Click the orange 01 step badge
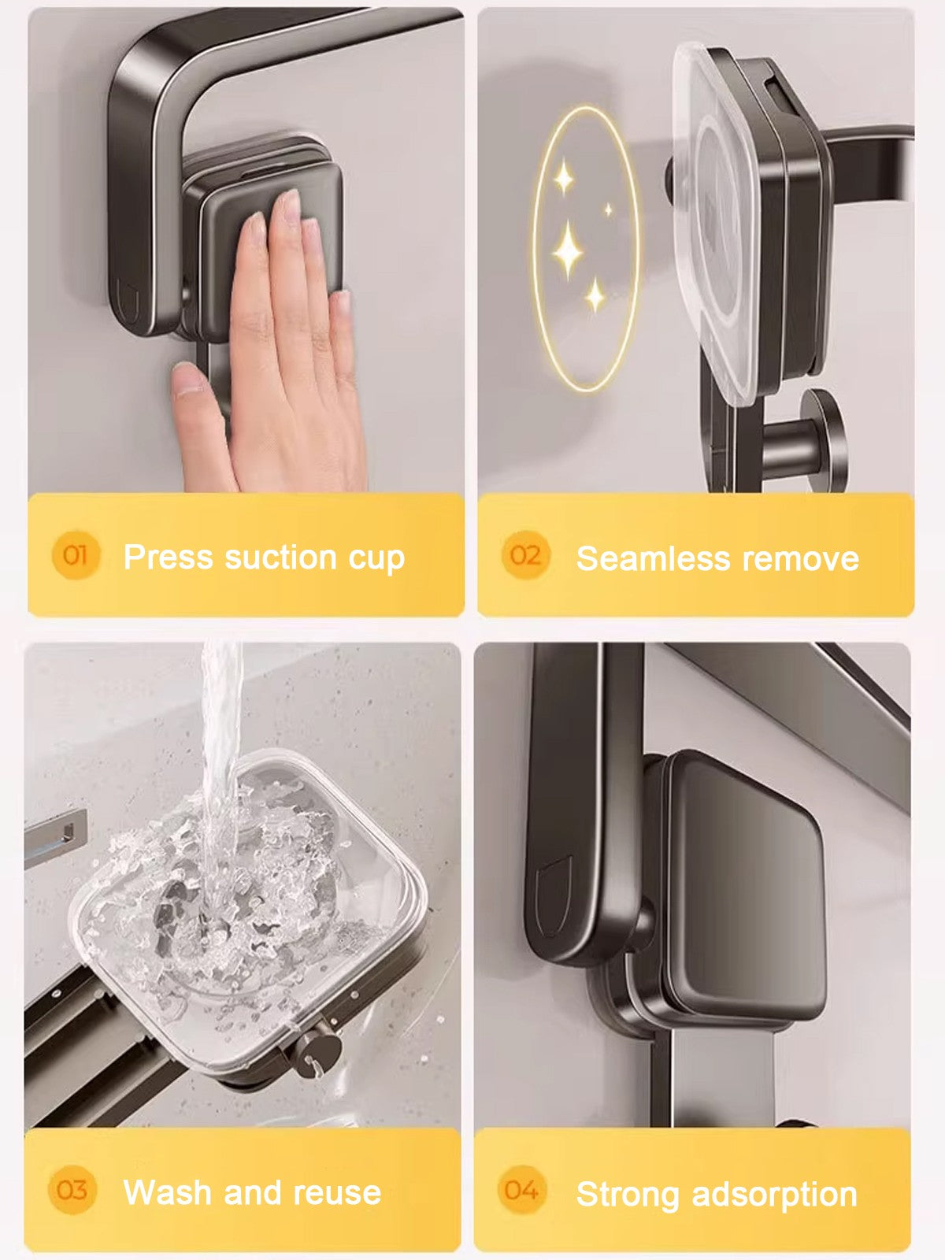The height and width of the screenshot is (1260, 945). click(74, 556)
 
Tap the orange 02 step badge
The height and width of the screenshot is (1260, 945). click(524, 556)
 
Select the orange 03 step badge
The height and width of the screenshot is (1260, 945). click(72, 1190)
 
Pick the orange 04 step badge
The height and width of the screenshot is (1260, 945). click(521, 1190)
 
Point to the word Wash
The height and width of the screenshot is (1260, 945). click(167, 1192)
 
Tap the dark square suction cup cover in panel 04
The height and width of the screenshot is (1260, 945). click(744, 882)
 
